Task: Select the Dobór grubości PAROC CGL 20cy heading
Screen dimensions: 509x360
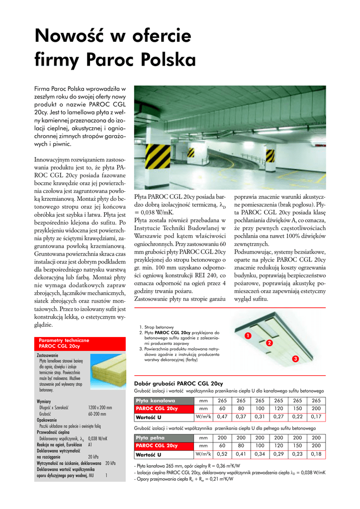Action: click(x=179, y=384)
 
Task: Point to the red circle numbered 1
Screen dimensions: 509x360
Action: click(x=247, y=337)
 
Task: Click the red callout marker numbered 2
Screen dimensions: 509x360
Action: click(x=270, y=343)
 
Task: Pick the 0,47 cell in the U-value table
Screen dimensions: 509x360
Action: click(x=222, y=417)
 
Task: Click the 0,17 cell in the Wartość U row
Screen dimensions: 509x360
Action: click(x=316, y=417)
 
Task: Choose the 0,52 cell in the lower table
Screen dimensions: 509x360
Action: click(x=222, y=454)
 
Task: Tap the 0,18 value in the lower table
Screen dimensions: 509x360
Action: click(x=316, y=454)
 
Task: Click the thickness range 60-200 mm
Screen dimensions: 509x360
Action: click(x=97, y=414)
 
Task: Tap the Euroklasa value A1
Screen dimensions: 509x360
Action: click(x=90, y=445)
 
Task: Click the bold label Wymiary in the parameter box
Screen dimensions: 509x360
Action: click(x=44, y=401)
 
